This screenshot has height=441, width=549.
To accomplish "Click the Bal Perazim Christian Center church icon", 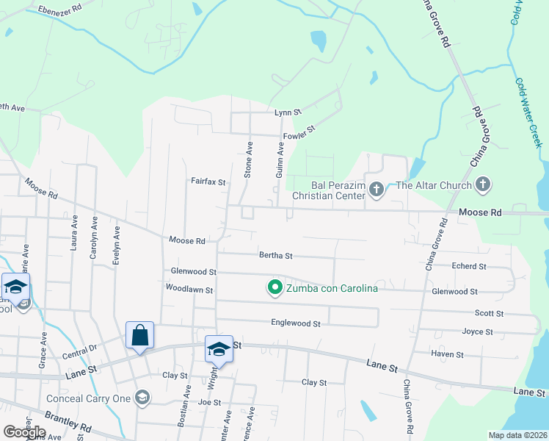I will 376,190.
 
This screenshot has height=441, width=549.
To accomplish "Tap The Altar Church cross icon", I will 482,185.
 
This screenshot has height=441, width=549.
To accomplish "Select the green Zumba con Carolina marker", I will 275,287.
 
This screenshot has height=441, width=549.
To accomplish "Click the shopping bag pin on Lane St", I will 139,336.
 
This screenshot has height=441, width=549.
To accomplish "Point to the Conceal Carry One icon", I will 142,398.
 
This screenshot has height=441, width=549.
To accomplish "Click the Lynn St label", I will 288,112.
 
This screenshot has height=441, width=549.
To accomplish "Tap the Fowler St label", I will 299,129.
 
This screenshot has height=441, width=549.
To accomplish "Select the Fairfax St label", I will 208,181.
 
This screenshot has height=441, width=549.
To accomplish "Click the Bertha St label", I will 276,256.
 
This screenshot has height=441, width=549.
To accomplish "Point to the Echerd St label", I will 469,266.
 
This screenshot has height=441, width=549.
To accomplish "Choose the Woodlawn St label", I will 189,290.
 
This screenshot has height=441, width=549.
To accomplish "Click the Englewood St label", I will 296,323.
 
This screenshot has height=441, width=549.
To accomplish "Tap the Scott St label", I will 489,313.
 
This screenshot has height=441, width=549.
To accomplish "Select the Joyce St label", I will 477,331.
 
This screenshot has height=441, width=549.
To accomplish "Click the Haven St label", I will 448,354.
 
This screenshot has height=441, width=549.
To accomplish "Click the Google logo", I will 24,432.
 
